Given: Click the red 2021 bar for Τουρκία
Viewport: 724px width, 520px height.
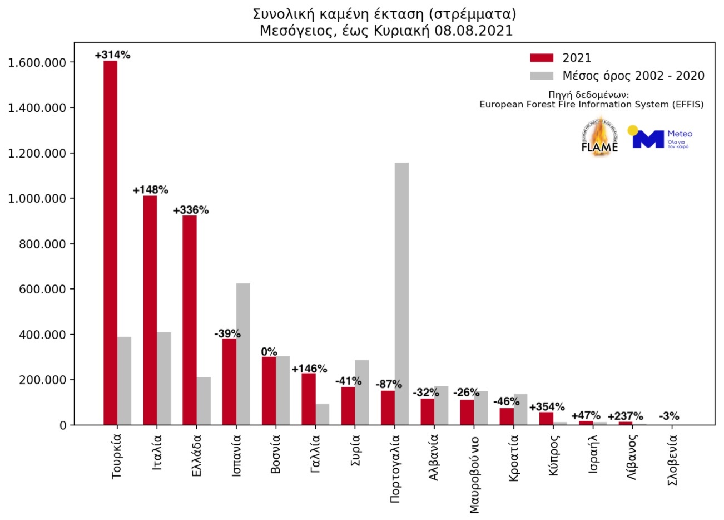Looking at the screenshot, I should tap(110, 243).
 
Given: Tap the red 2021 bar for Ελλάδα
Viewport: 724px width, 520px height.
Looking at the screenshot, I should tap(190, 320).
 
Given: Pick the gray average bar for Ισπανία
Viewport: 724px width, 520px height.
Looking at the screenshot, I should tap(243, 354).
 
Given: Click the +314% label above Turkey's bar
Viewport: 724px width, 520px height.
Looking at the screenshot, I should tap(112, 55).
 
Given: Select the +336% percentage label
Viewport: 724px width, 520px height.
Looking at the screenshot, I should tap(191, 210).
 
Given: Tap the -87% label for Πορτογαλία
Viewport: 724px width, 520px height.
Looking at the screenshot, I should tap(389, 384).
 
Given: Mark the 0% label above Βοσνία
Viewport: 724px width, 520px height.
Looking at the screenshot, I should tap(269, 352).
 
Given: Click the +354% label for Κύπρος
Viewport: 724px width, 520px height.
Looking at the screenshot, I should tap(547, 407).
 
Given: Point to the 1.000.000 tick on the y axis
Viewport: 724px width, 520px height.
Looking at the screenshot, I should tap(37, 199).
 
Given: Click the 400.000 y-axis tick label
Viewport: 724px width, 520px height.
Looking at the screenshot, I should tap(37, 335).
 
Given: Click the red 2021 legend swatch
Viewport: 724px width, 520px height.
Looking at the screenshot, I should tap(542, 58).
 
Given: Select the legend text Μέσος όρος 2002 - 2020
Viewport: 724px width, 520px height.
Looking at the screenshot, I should tap(633, 76).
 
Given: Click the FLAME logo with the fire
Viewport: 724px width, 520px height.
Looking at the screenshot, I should tap(599, 135).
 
